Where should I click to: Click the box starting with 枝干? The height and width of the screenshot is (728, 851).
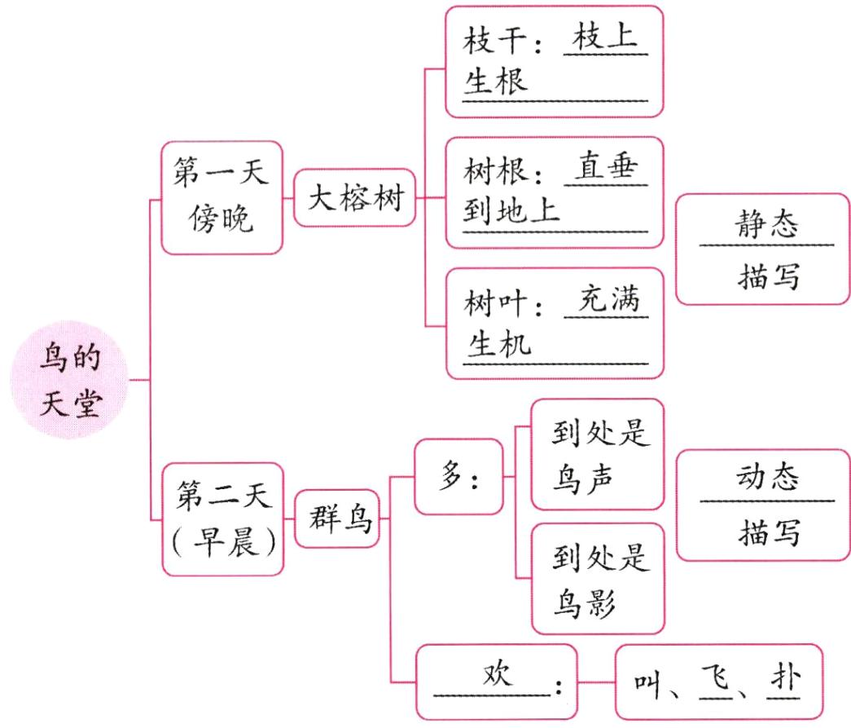point(555,62)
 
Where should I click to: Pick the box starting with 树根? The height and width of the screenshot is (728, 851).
point(555,192)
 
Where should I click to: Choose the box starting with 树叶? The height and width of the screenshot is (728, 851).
point(555,323)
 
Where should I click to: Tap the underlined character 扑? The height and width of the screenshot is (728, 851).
point(783,679)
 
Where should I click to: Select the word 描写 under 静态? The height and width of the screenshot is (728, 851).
point(765,276)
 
